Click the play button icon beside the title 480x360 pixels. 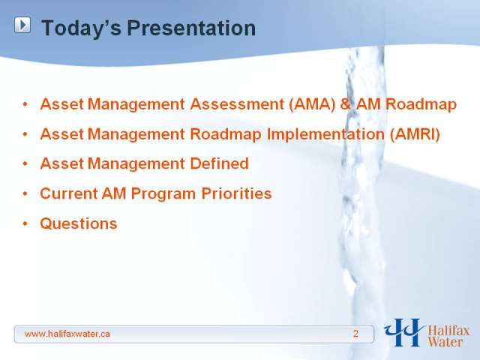[x=22, y=25]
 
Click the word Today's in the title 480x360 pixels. [x=82, y=28]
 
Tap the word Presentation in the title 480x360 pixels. [x=191, y=28]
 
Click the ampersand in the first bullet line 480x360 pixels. [x=345, y=104]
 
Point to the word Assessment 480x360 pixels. [x=237, y=104]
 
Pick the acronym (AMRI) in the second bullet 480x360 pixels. [x=415, y=134]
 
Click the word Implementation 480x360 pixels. [x=325, y=134]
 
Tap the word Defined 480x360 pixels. [x=219, y=163]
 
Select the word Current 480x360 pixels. [x=68, y=193]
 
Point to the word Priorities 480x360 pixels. [x=236, y=193]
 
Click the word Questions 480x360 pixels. [x=79, y=223]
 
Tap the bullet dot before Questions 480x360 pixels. [x=25, y=223]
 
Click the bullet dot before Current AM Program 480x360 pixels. [x=25, y=193]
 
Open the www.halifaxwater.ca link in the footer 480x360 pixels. [x=67, y=334]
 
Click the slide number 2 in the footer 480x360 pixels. [x=355, y=334]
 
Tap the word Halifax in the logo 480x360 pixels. [x=448, y=331]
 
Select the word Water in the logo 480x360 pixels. [x=445, y=342]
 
